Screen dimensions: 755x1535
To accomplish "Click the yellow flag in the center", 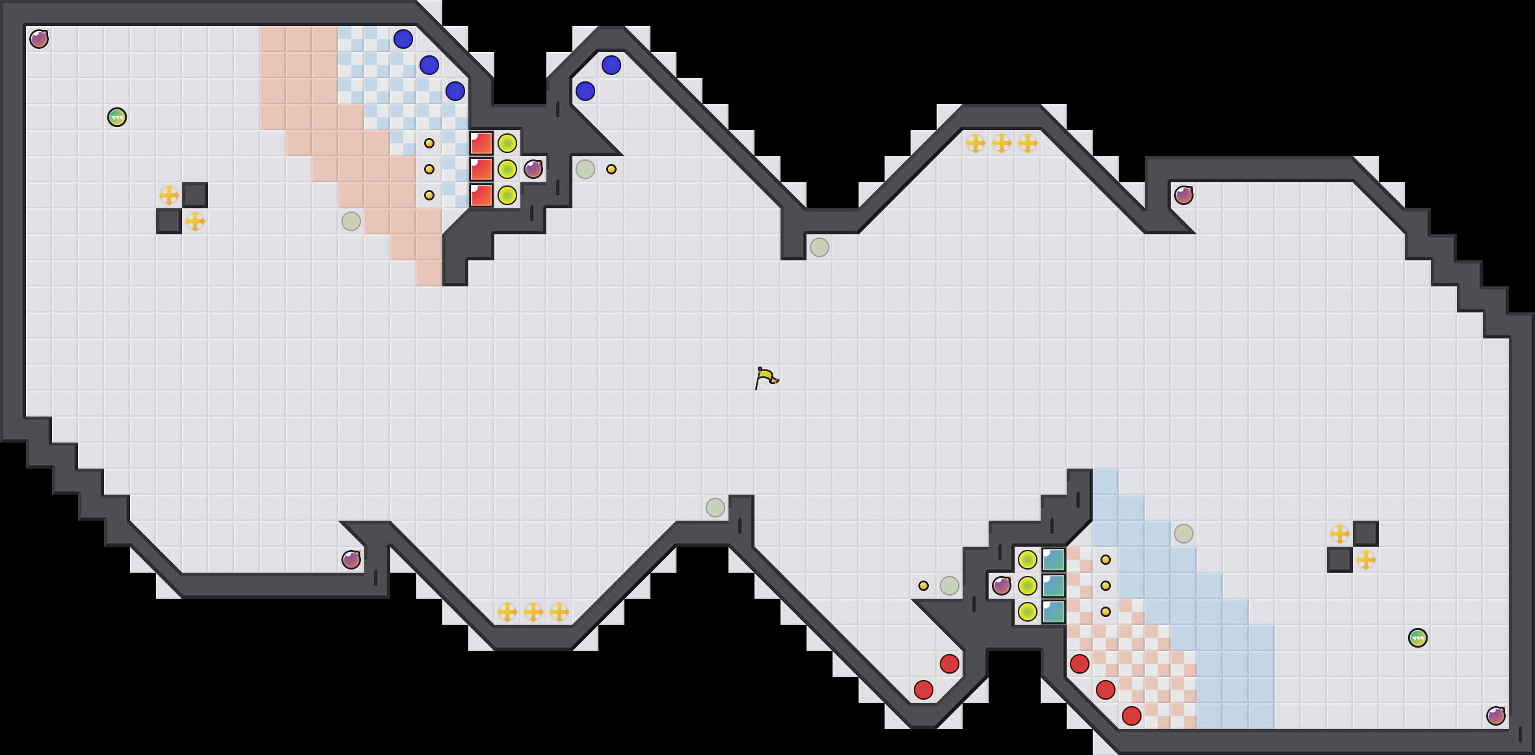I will coord(766,377).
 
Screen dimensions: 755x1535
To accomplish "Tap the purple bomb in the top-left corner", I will coord(39,39).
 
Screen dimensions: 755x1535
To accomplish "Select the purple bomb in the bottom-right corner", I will coord(1496,716).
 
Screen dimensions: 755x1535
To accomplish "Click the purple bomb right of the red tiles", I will coord(533,169).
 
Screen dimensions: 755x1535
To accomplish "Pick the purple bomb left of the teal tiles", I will coord(1002,586).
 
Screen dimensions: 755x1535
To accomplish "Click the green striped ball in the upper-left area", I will coord(117,117).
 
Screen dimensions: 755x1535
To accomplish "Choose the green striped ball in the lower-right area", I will coord(1418,638).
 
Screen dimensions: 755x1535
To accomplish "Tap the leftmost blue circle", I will coord(403,39).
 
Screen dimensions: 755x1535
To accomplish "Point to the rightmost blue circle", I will coord(611,65).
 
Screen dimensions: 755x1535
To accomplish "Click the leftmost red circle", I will coord(924,690).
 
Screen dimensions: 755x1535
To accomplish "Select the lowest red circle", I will coord(1132,716).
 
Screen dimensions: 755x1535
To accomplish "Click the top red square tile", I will coord(481,143).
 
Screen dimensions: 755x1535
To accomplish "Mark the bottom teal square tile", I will coord(1054,612).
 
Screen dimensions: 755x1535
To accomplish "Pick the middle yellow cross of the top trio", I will coord(1002,143).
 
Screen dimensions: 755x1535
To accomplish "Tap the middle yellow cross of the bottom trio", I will coord(533,612).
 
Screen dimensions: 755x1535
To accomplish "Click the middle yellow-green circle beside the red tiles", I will coord(507,169).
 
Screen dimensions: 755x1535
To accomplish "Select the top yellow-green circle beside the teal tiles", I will coord(1028,560).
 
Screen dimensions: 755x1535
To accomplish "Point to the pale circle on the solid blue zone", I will coord(1184,534).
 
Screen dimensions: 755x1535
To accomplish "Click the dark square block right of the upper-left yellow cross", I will coord(195,195).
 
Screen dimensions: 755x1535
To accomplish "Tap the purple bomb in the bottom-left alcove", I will coord(351,560).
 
